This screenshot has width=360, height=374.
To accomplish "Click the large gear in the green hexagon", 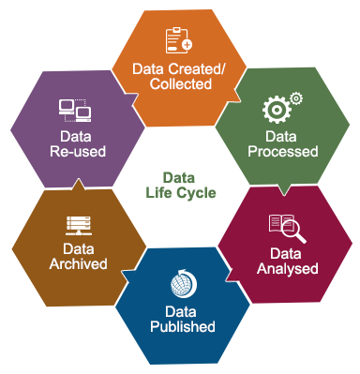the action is (275, 110).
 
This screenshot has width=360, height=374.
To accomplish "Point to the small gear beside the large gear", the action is (296, 97).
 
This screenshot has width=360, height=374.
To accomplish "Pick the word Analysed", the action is (287, 269).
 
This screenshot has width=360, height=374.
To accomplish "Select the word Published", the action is (183, 327).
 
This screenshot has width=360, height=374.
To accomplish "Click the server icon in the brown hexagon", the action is (78, 225).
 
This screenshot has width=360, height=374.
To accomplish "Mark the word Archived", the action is (79, 266).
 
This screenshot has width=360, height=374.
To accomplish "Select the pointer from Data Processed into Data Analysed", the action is (284, 190).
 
